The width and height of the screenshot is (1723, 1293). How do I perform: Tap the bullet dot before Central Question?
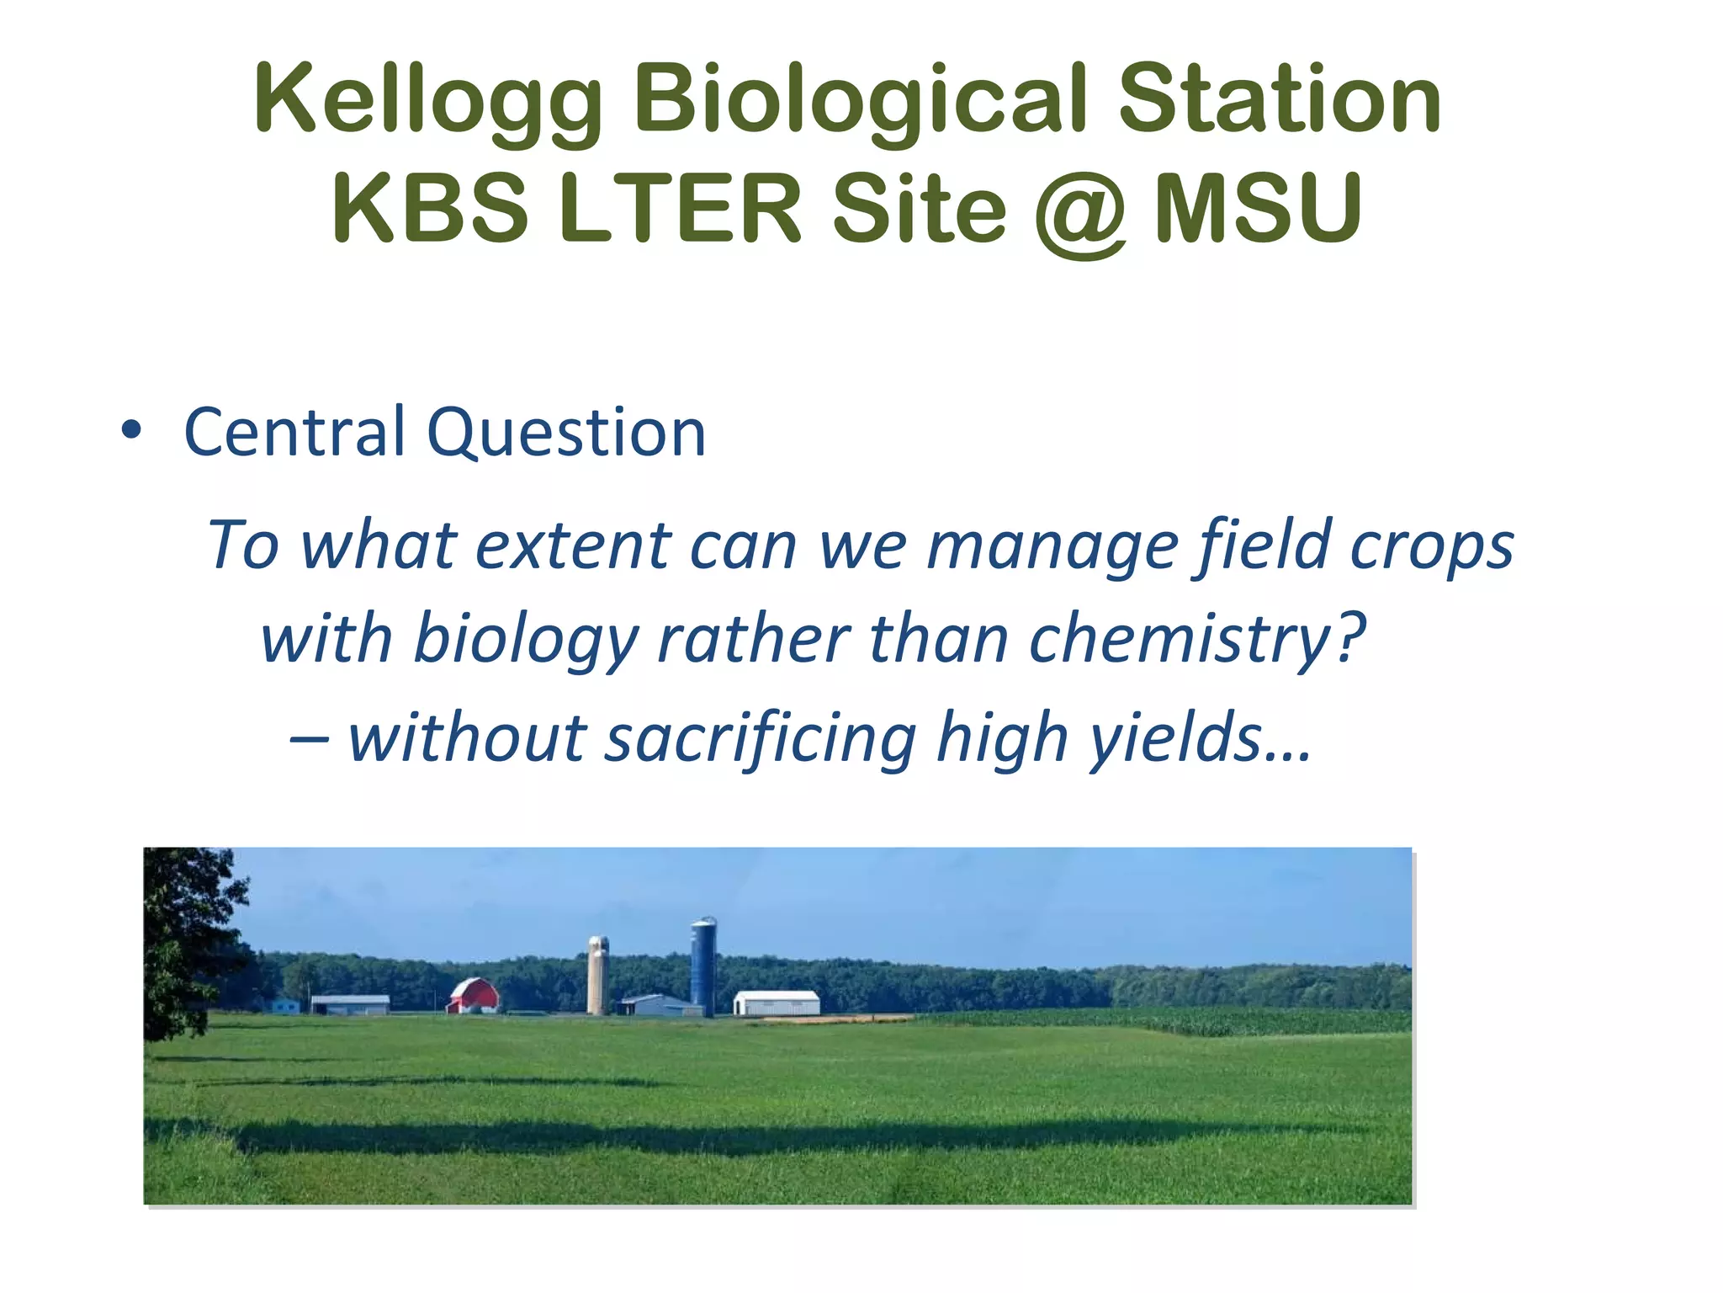point(130,430)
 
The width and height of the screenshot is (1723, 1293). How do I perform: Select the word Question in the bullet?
point(566,433)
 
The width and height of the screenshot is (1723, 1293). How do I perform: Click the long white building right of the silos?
point(777,1003)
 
